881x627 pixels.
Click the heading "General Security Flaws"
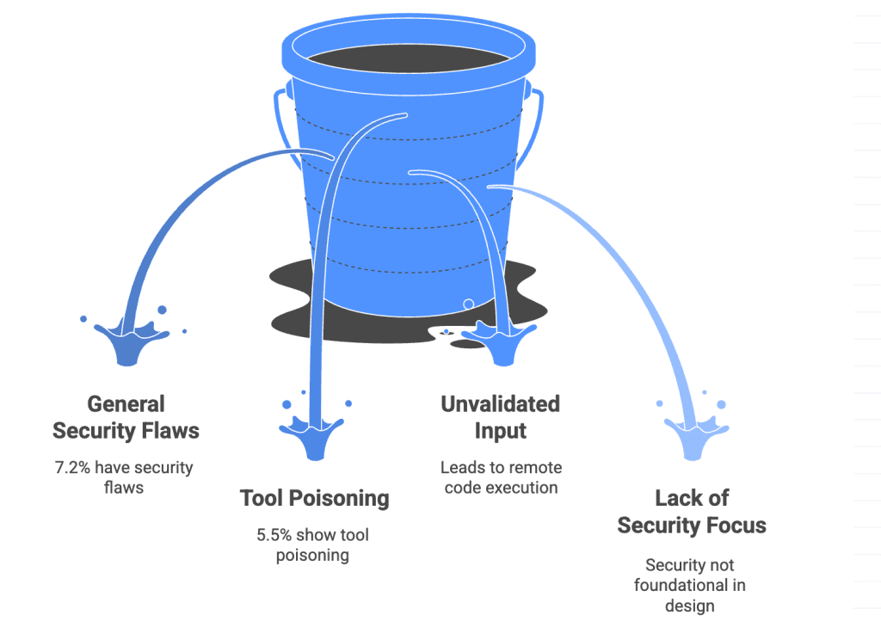126,417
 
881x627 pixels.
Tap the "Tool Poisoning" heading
314,498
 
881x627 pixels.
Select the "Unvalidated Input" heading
500,417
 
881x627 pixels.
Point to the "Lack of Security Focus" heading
691,512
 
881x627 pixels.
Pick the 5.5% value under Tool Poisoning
274,535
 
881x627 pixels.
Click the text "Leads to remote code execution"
500,477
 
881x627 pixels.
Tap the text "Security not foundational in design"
690,585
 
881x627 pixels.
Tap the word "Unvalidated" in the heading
500,404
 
